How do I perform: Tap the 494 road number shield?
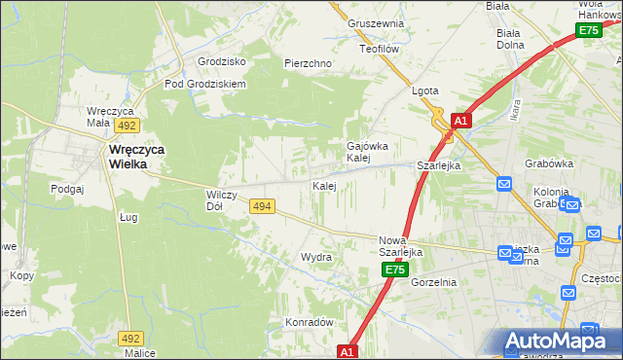pos(261,206)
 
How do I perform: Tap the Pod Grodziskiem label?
pos(205,84)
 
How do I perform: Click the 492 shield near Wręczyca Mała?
pos(127,126)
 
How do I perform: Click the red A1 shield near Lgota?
pos(461,122)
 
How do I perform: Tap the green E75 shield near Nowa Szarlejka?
pos(393,270)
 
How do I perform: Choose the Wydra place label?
pos(316,257)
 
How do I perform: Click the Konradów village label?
pos(310,322)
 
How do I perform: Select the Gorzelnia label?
pos(433,282)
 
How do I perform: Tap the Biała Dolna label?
pos(510,38)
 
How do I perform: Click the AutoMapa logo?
pos(558,342)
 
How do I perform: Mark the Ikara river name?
pos(515,109)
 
